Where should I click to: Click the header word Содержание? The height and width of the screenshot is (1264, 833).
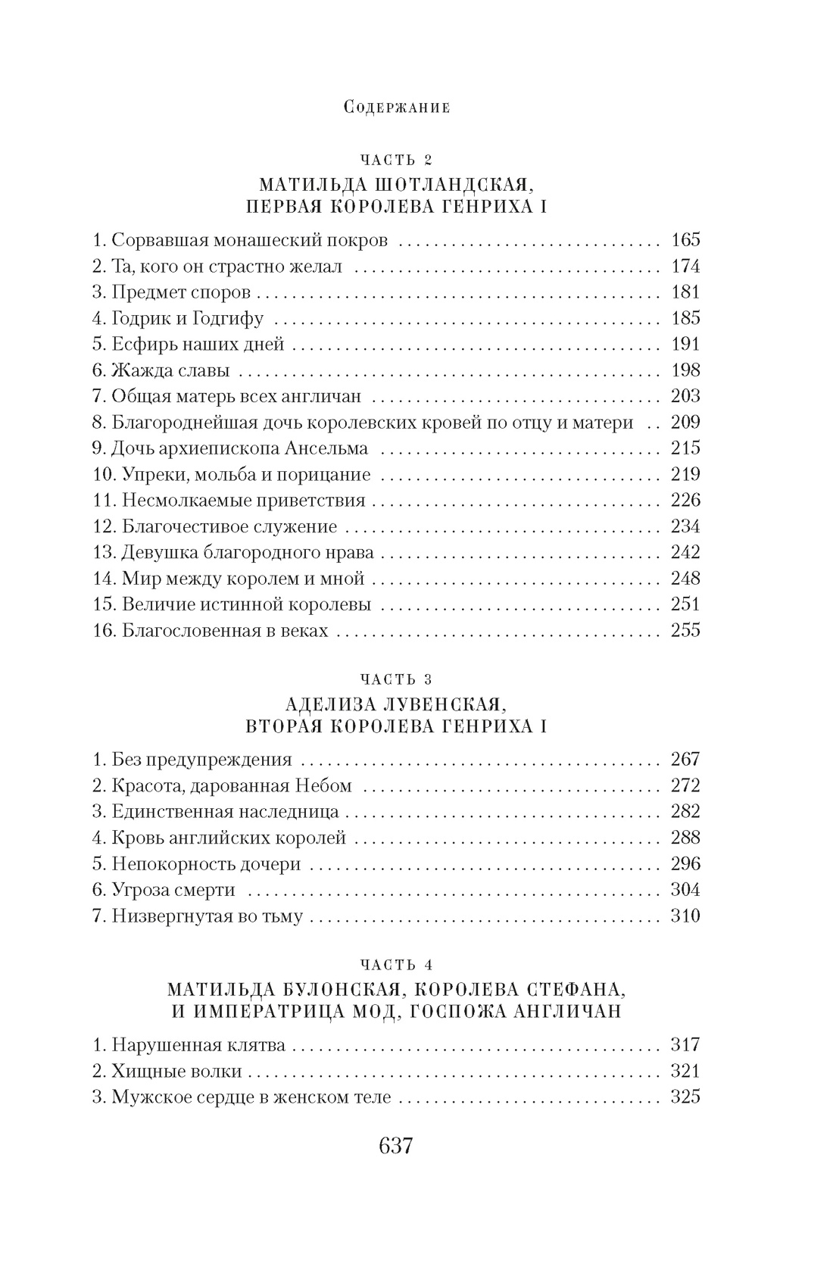(397, 107)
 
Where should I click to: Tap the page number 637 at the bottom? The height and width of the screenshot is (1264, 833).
(395, 1146)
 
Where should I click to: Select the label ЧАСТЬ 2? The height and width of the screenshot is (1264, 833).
(396, 160)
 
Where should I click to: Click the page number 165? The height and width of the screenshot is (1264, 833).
(685, 241)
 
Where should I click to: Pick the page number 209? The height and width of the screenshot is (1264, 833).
(685, 422)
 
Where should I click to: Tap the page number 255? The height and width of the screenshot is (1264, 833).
(685, 630)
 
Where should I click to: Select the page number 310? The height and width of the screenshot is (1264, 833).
(685, 916)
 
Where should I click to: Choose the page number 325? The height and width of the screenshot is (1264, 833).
(685, 1097)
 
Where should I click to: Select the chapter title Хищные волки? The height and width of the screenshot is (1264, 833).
(176, 1071)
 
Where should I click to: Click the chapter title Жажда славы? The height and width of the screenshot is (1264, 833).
(170, 370)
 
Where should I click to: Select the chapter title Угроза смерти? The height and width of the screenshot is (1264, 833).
(173, 890)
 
